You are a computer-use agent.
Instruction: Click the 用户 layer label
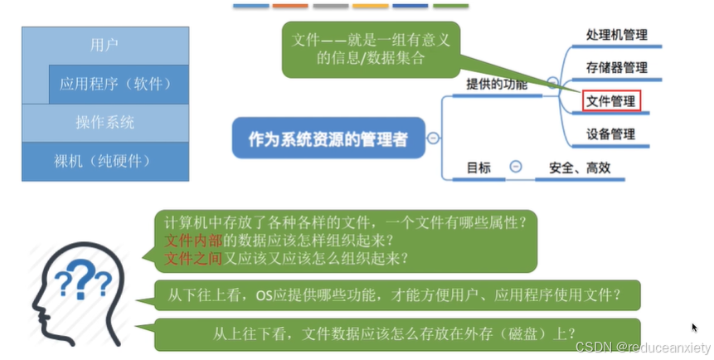click(104, 45)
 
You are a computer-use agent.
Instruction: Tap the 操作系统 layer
click(104, 122)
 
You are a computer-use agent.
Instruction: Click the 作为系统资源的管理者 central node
click(328, 139)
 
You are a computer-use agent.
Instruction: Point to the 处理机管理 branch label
click(616, 35)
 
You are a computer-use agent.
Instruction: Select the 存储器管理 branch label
click(616, 67)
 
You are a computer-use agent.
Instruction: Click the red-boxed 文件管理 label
click(611, 101)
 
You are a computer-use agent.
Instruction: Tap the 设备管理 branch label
click(611, 134)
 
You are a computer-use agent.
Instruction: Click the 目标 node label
click(478, 167)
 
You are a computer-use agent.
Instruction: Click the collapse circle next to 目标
click(515, 167)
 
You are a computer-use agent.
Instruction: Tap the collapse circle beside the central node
click(433, 139)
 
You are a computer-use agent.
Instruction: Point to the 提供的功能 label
click(497, 84)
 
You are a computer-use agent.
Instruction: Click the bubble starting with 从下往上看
click(396, 293)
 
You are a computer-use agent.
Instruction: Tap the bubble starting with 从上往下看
click(396, 333)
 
